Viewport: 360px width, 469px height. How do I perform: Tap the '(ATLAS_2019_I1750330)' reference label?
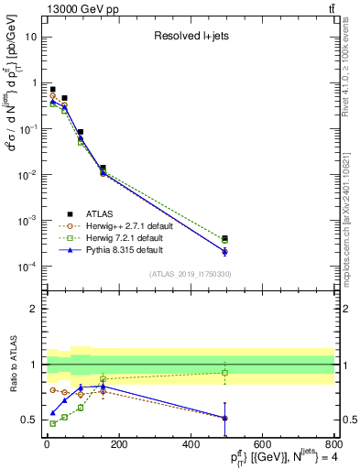190,274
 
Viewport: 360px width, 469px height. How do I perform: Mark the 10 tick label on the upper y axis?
29,38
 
